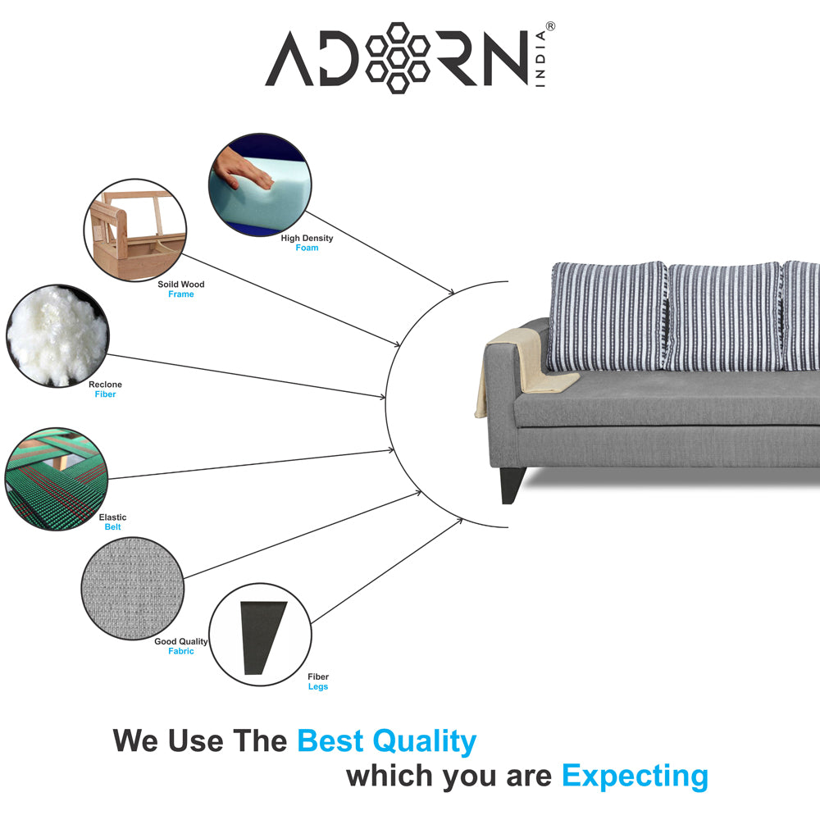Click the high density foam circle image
260,185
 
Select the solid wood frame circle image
135,230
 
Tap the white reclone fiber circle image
57,335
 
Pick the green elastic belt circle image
57,478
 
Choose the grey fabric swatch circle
133,588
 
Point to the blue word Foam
307,248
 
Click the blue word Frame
181,294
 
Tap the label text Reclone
105,385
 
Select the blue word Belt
112,527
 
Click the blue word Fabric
181,651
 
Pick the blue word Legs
318,686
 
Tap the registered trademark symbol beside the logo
549,27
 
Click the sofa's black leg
511,485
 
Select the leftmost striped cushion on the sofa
608,316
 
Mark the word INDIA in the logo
544,62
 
